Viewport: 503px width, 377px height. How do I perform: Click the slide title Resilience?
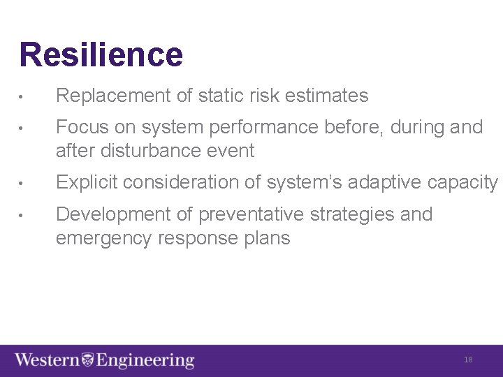[x=101, y=55]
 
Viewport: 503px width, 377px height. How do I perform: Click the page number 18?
[x=468, y=360]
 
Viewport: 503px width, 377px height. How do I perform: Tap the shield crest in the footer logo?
[x=88, y=360]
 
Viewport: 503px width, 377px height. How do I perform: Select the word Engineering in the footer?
[x=145, y=361]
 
